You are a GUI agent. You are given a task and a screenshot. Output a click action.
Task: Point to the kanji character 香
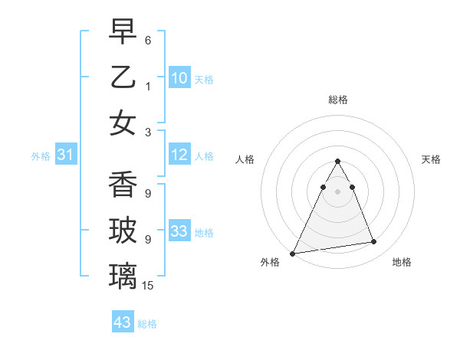pos(123,185)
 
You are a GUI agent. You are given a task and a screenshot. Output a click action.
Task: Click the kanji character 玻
pos(123,231)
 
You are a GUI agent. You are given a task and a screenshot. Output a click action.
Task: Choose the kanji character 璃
pos(123,277)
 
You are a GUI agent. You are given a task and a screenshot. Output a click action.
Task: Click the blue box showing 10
pos(179,77)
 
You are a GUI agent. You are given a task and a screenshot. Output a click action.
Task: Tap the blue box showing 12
pos(179,155)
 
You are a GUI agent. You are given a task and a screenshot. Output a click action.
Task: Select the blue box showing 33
pos(179,231)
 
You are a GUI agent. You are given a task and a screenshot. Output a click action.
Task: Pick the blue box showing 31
pos(65,155)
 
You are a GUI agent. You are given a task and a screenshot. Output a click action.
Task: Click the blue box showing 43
pos(122,322)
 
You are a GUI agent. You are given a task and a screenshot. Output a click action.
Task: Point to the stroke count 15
pos(149,286)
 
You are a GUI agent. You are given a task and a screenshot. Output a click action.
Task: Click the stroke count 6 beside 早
pos(148,39)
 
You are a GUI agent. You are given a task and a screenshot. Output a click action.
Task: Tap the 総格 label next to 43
pos(147,324)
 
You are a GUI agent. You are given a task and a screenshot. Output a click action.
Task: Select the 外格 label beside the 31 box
pos(41,156)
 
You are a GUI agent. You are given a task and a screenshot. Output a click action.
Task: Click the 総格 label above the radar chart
pos(337,100)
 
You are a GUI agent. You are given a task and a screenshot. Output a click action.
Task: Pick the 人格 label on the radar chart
pos(245,159)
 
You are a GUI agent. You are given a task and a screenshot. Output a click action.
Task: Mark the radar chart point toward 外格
pos(293,253)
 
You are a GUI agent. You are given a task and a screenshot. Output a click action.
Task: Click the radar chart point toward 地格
pos(374,242)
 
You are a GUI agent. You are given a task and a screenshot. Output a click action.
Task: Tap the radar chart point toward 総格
pos(337,162)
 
